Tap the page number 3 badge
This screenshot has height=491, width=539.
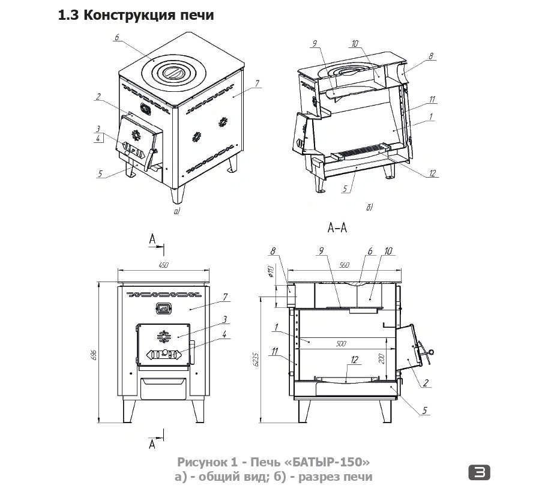[479, 472]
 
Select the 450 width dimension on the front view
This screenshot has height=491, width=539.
[164, 266]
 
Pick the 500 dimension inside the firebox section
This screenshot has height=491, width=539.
[341, 344]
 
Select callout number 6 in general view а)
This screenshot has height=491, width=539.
[116, 38]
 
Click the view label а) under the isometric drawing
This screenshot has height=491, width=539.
[176, 212]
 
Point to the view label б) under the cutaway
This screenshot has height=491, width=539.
[369, 208]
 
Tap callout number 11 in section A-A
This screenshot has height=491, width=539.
[275, 352]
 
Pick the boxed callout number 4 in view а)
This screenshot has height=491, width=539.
[97, 139]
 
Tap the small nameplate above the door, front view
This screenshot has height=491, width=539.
[163, 309]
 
